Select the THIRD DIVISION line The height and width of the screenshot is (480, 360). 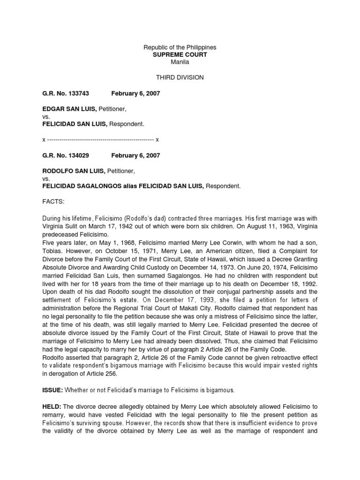pos(180,77)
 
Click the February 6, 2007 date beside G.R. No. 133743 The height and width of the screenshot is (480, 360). pos(135,94)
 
